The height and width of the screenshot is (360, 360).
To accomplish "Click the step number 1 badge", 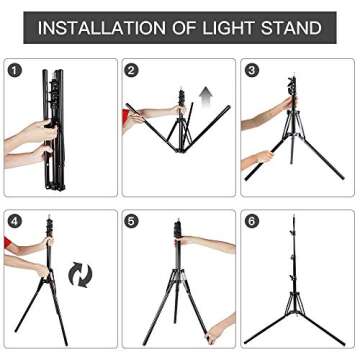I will click(x=15, y=70).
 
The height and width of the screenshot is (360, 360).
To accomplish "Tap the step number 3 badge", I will click(x=252, y=70).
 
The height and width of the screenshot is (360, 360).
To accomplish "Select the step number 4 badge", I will click(x=15, y=221).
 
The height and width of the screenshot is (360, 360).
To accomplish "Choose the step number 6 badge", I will click(x=252, y=221).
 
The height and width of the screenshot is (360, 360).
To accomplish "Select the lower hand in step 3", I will click(x=263, y=156).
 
